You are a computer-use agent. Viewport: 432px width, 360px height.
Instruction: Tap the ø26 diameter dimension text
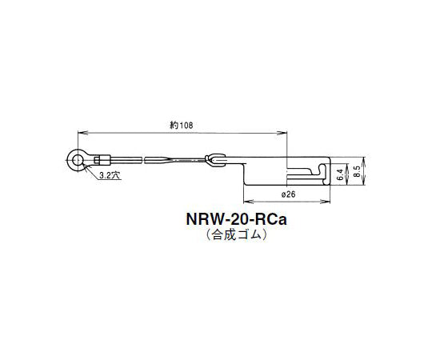(289, 195)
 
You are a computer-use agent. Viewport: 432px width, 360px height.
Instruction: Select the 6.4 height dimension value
(340, 170)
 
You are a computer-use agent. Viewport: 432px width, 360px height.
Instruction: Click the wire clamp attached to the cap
(214, 159)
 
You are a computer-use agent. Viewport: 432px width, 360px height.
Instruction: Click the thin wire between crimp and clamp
(160, 160)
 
